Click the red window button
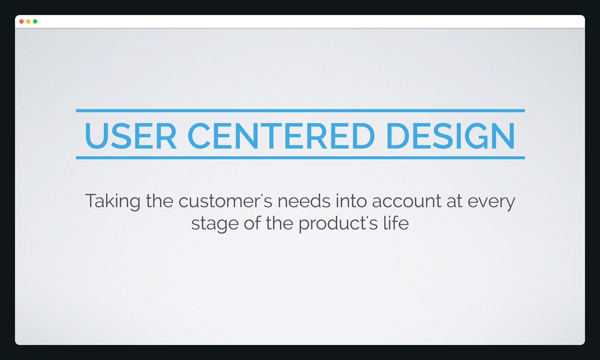coord(22,22)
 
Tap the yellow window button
coord(28,22)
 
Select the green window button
coord(35,22)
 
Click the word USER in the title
coord(131,136)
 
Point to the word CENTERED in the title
coord(281,136)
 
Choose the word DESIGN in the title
coord(451,136)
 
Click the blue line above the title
coord(300,111)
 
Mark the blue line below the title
coord(300,158)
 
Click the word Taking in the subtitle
coord(113,202)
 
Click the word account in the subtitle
coord(407,202)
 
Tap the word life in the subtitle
coord(396,223)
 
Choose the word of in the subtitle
coord(252,223)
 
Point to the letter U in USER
coord(96,136)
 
